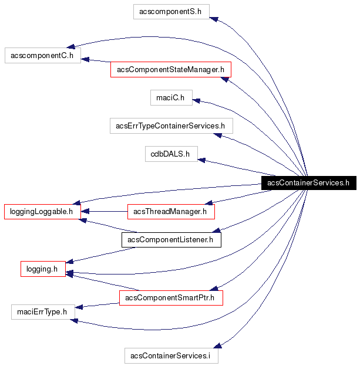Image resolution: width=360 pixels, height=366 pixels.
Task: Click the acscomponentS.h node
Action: (171, 11)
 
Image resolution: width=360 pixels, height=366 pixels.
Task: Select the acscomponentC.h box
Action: (42, 56)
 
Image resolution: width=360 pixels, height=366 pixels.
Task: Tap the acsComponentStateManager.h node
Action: (171, 70)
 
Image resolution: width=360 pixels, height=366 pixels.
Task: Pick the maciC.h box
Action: (171, 97)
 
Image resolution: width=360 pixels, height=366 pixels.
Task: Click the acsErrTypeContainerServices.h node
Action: (171, 126)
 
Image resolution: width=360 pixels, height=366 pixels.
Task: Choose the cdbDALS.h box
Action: (171, 154)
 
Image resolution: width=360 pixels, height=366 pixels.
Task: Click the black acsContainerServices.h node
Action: (308, 182)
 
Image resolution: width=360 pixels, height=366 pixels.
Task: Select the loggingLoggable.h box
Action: (42, 211)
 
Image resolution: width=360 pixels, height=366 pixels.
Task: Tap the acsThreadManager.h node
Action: (171, 211)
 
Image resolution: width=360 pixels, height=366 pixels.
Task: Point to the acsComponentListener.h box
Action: (171, 239)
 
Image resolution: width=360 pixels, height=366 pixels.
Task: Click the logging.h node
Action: (42, 269)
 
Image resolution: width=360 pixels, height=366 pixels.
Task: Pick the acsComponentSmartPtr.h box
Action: (171, 297)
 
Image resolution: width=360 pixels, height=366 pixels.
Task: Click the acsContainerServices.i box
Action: (171, 355)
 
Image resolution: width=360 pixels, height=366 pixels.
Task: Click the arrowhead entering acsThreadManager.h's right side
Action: (208, 202)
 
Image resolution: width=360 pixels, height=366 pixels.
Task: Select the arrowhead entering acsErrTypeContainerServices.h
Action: (217, 135)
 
